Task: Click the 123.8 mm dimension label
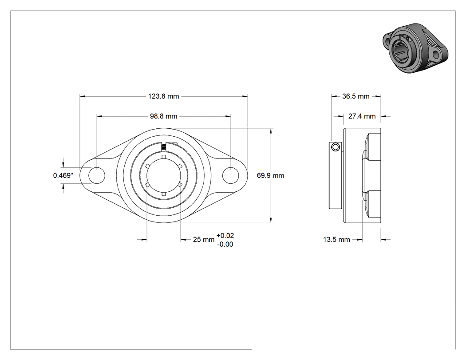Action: click(x=163, y=96)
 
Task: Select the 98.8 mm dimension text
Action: click(x=163, y=116)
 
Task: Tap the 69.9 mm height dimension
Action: click(x=270, y=176)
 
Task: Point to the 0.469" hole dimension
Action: click(x=63, y=175)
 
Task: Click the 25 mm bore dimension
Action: click(x=204, y=240)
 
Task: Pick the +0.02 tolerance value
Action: click(x=225, y=236)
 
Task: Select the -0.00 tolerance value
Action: click(x=225, y=244)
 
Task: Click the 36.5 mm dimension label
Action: click(x=356, y=96)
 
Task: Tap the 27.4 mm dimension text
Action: click(x=362, y=116)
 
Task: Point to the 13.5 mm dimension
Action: click(x=336, y=240)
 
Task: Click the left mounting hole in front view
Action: click(x=97, y=175)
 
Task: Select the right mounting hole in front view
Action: click(x=231, y=175)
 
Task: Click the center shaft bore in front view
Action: click(x=163, y=175)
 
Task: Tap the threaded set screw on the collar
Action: click(x=163, y=146)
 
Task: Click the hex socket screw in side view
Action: click(x=336, y=147)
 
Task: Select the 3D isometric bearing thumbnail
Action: click(x=415, y=47)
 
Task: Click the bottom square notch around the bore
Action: click(x=163, y=194)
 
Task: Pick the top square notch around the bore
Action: click(x=163, y=157)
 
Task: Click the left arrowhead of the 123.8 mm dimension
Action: click(x=83, y=96)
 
